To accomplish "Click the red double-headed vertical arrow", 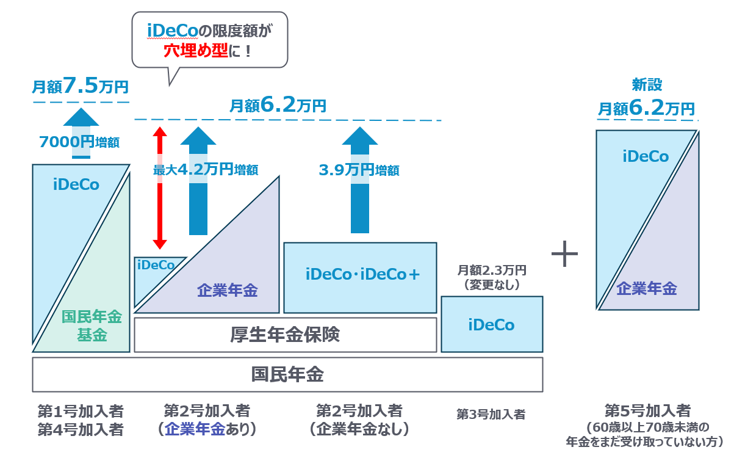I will [x=160, y=187].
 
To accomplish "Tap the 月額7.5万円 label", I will [x=81, y=87].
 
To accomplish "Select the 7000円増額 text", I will [x=79, y=142].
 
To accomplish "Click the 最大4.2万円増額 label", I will [x=206, y=170].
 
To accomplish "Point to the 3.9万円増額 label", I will [x=359, y=170].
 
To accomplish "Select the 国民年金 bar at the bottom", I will [x=287, y=374].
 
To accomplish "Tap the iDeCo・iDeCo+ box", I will [x=362, y=275].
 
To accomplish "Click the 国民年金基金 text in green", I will [x=92, y=325].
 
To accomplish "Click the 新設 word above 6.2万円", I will [x=647, y=84].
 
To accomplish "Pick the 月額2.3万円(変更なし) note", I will [x=491, y=277].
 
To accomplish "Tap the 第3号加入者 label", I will [x=491, y=414].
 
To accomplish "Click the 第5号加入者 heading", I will [x=647, y=410].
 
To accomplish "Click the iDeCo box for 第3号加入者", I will [x=492, y=324].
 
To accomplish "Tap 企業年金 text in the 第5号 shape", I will [x=647, y=289].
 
